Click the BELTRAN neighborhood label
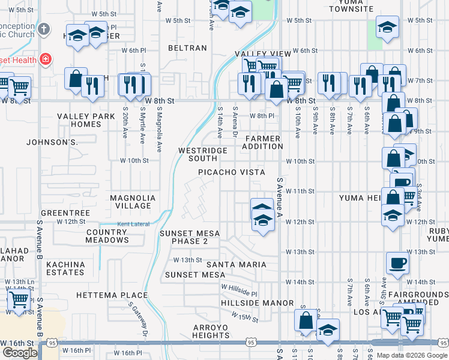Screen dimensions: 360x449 coord(187,48)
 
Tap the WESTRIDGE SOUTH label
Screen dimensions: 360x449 coord(203,154)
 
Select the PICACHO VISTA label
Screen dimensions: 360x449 coord(232,172)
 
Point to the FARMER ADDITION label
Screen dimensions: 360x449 coord(262,142)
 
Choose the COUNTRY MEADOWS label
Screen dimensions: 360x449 coord(107,236)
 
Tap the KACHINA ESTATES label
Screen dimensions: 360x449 coord(65,268)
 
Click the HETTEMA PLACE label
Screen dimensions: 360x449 coord(112,295)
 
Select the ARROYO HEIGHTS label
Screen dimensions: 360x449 coord(202,331)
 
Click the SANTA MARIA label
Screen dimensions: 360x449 coord(236,265)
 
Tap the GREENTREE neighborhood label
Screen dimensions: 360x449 coord(65,213)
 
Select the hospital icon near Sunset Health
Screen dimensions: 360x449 coord(45,59)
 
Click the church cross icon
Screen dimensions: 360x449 coord(43,29)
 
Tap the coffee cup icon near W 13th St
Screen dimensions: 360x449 coord(397,262)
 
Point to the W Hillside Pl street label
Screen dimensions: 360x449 coord(238,291)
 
